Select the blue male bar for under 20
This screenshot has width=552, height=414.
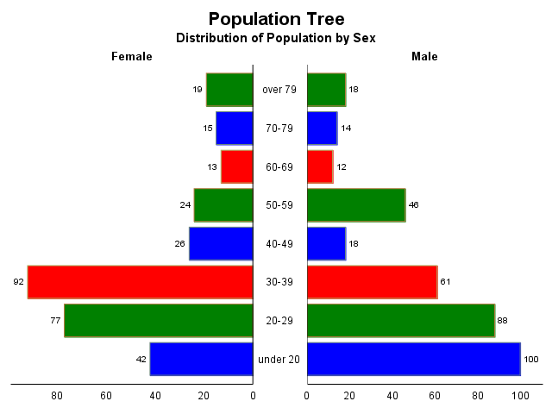pos(413,359)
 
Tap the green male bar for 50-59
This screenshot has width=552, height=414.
pos(355,205)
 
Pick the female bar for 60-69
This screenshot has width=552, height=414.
pos(236,166)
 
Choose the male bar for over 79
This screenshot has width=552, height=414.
pos(326,90)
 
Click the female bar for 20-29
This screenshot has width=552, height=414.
pos(159,320)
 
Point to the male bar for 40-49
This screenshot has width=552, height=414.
pos(326,243)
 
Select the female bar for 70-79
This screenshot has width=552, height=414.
pos(234,128)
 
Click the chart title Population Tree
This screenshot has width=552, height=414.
pos(276,19)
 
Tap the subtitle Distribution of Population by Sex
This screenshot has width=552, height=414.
pos(276,38)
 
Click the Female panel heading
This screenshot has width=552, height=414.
pos(132,56)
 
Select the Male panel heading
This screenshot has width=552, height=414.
pos(424,56)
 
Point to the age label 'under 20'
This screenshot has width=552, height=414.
pos(279,359)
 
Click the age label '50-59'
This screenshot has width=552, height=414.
pos(279,205)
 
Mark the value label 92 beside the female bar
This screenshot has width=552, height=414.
pos(18,282)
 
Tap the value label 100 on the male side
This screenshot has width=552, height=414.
pos(531,359)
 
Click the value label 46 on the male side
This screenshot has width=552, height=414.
pos(413,205)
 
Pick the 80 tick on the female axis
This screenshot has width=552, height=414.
pos(57,396)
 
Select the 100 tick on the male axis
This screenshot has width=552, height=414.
pos(520,396)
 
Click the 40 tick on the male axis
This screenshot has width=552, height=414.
pos(392,396)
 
